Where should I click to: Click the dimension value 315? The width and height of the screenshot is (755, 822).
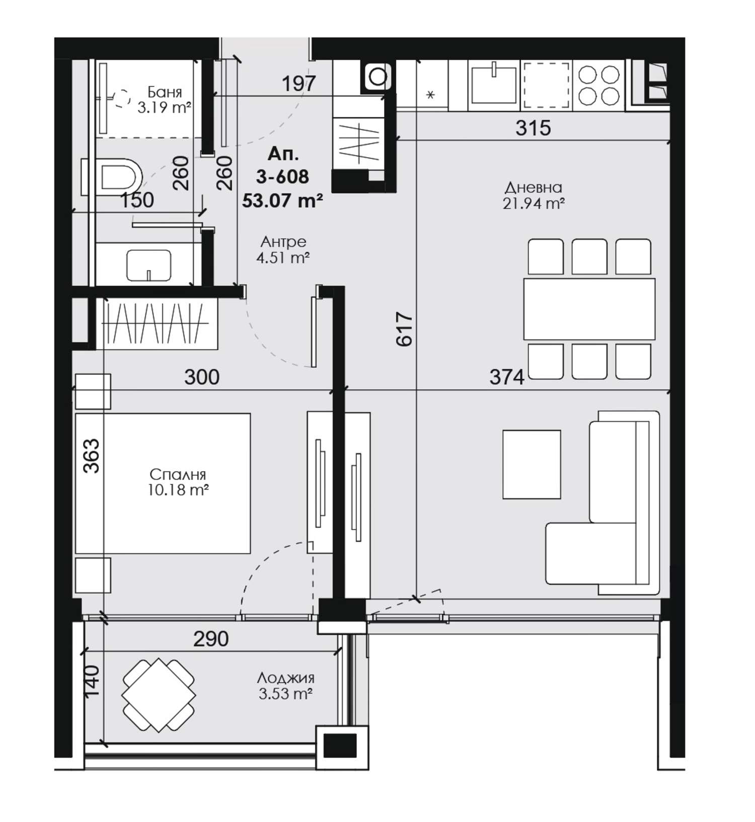click(x=533, y=128)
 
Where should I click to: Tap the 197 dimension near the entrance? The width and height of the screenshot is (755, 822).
click(x=298, y=84)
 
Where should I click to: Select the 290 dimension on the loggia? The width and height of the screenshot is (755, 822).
click(x=211, y=639)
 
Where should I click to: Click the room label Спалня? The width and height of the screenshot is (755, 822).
click(x=178, y=474)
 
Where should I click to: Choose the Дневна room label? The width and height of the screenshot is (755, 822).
click(x=534, y=188)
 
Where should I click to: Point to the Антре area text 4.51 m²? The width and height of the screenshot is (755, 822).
click(x=282, y=258)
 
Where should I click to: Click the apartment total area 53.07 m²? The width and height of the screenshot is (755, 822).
click(x=282, y=200)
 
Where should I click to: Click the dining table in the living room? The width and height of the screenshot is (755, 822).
click(x=589, y=309)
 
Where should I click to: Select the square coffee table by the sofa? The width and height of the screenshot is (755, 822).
click(x=532, y=464)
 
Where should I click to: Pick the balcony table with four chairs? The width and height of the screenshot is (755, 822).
click(x=159, y=695)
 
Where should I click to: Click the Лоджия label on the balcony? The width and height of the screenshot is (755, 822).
click(x=286, y=677)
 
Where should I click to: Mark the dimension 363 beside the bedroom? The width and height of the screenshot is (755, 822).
click(x=92, y=456)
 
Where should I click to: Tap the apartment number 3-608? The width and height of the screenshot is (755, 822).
click(x=282, y=176)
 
